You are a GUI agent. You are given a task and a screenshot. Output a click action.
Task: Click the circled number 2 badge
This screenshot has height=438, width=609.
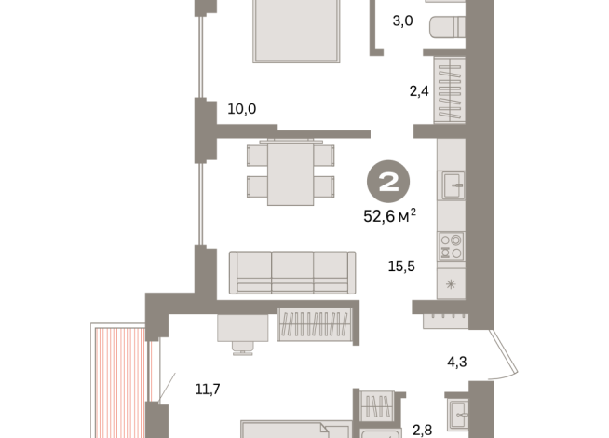pyautogui.click(x=388, y=182)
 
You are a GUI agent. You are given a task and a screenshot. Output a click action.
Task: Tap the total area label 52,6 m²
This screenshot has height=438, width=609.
pyautogui.click(x=389, y=215)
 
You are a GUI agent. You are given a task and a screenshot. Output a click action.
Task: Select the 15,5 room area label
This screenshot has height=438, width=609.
pyautogui.click(x=401, y=267)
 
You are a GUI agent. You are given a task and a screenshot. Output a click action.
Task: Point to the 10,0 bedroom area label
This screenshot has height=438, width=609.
pyautogui.click(x=241, y=109)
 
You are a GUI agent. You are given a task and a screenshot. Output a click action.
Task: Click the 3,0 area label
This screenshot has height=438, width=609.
pyautogui.click(x=402, y=21)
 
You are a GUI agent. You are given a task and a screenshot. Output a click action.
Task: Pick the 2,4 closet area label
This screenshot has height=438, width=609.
pyautogui.click(x=419, y=91)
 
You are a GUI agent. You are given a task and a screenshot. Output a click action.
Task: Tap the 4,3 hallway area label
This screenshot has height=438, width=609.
pyautogui.click(x=456, y=362)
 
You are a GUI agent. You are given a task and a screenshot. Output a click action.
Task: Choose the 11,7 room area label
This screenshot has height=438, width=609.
pyautogui.click(x=208, y=389)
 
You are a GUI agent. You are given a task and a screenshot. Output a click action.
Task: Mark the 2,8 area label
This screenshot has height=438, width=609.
pyautogui.click(x=422, y=431)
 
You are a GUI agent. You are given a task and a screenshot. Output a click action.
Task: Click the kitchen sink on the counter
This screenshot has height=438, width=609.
pyautogui.click(x=453, y=185)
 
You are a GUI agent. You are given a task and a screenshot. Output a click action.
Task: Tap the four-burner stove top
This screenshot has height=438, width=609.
pyautogui.click(x=452, y=246)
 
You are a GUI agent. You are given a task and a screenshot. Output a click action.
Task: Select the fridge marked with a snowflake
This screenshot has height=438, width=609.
pyautogui.click(x=451, y=284)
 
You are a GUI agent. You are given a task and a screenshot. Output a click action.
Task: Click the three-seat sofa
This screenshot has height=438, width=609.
pyautogui.click(x=292, y=272)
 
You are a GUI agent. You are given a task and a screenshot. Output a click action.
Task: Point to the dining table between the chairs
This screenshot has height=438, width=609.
pyautogui.click(x=291, y=173)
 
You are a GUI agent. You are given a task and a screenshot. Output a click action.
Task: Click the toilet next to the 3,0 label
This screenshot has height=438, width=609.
pyautogui.click(x=447, y=27)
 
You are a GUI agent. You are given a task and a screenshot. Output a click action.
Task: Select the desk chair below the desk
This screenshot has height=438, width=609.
pyautogui.click(x=242, y=348)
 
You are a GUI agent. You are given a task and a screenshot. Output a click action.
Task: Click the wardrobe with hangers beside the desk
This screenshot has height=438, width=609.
pyautogui.click(x=315, y=324)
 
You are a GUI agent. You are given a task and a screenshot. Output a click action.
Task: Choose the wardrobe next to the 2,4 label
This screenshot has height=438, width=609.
pyautogui.click(x=450, y=90)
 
